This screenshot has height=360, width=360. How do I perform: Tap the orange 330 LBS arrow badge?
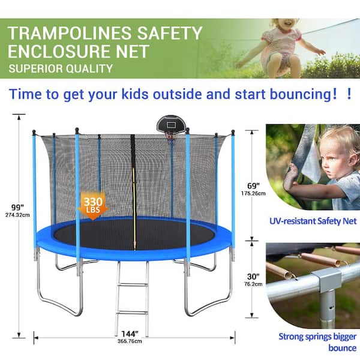click(93, 206)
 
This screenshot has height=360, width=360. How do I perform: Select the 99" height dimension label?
click(17, 207)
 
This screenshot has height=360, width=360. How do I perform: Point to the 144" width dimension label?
click(130, 334)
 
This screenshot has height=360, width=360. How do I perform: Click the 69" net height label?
click(253, 186)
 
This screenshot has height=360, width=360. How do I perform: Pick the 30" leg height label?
click(253, 277)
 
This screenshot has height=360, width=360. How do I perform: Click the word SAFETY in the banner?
click(169, 33)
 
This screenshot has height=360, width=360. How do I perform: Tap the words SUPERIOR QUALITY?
click(61, 68)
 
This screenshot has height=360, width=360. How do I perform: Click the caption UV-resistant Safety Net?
click(313, 221)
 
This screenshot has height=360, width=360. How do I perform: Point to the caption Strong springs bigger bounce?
click(318, 342)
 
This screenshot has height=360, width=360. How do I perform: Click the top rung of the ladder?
click(132, 285)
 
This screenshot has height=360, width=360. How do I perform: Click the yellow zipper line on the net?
click(134, 209)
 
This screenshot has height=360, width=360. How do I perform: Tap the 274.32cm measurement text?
click(17, 215)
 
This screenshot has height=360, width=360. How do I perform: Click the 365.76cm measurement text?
click(130, 341)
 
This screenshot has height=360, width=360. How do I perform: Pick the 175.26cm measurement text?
click(253, 194)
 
